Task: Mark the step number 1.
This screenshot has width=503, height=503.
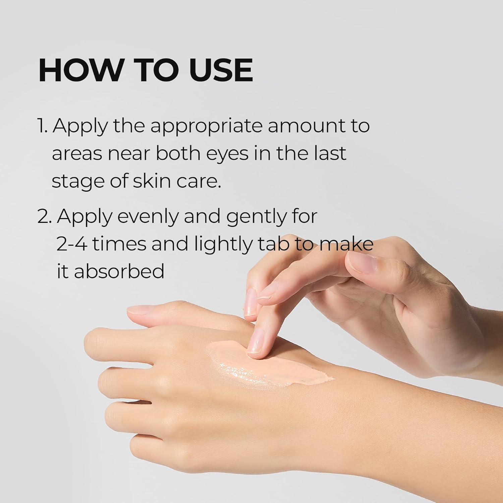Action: (43, 126)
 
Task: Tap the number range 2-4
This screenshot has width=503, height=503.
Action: (71, 244)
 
